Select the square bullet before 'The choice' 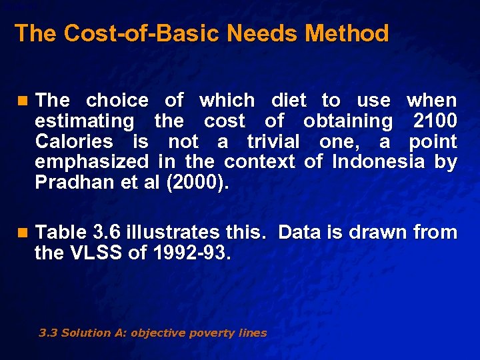tap(24, 101)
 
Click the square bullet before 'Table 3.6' tap(24, 233)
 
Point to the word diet tap(289, 101)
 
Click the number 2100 tap(435, 121)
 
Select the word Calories tap(74, 142)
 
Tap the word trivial tap(273, 142)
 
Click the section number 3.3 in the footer tap(48, 333)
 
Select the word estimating tap(84, 121)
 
